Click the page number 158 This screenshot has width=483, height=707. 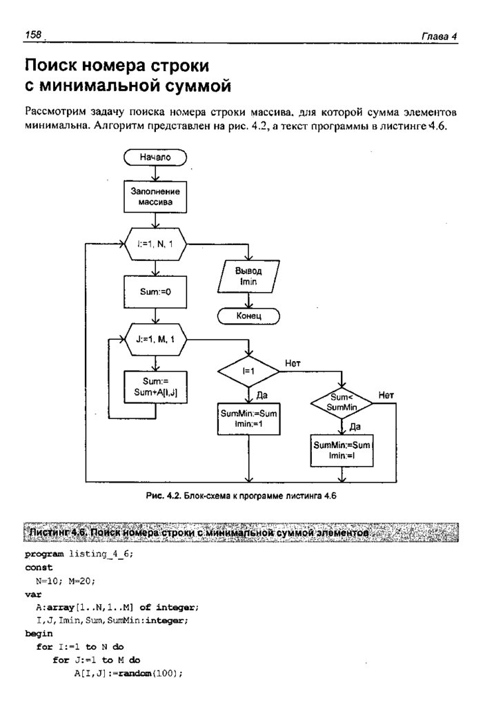point(33,35)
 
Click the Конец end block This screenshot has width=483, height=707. point(248,316)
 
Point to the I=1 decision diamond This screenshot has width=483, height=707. point(248,371)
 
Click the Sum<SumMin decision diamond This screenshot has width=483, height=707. point(342,403)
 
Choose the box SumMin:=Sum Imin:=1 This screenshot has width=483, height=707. point(248,420)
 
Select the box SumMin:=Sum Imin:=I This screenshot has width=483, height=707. point(342,450)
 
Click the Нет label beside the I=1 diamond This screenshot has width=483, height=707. point(293,363)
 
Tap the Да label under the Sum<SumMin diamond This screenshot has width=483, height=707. point(355,427)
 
